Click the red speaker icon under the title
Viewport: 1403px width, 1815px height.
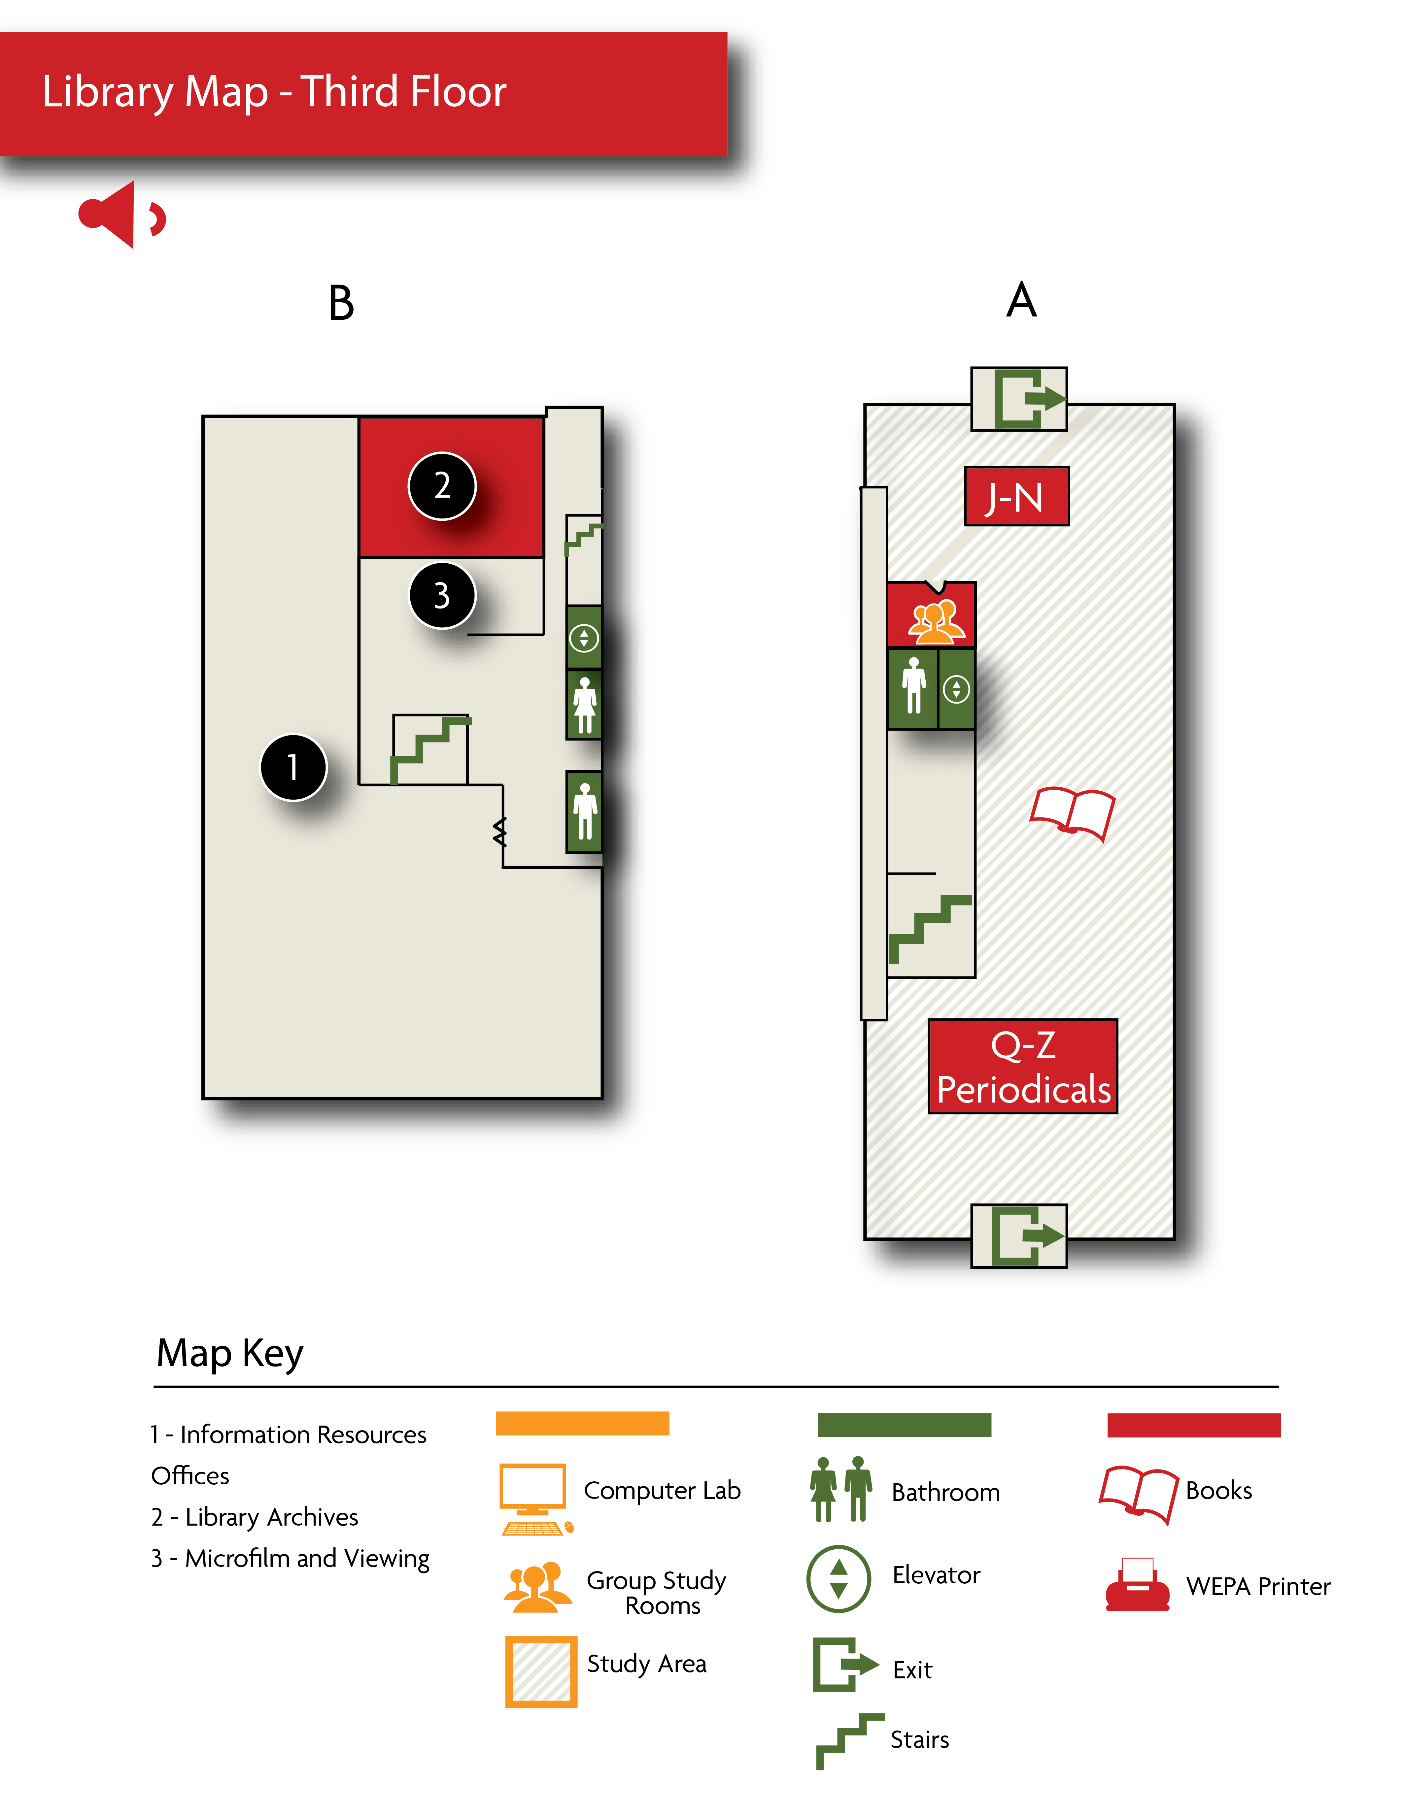point(121,215)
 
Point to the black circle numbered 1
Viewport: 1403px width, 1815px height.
point(293,767)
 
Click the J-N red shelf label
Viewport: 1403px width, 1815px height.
point(1016,497)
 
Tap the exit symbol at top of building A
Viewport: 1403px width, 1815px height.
point(1019,399)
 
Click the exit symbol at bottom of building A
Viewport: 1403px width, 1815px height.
point(1019,1236)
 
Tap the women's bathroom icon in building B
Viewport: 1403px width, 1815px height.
point(584,706)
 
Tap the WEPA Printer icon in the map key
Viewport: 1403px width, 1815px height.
point(1137,1585)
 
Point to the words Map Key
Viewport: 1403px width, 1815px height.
point(230,1353)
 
